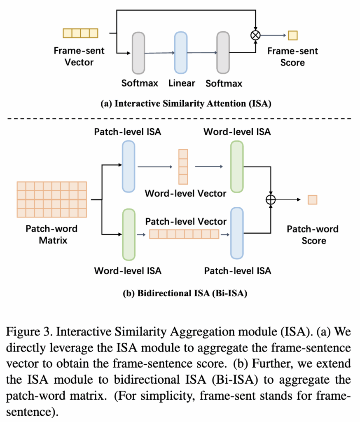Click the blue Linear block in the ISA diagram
tap(181, 52)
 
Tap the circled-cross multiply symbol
tap(256, 35)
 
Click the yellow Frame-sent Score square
tap(292, 35)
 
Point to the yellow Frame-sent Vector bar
tap(80, 33)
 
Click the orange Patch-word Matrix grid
tap(51, 199)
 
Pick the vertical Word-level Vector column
tap(183, 166)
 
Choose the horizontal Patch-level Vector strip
tap(184, 234)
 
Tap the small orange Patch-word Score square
tap(313, 200)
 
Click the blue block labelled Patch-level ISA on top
tap(128, 166)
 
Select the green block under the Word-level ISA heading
tap(237, 166)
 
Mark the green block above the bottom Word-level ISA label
tap(129, 234)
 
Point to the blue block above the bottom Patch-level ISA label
tap(237, 234)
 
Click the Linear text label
tap(182, 83)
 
